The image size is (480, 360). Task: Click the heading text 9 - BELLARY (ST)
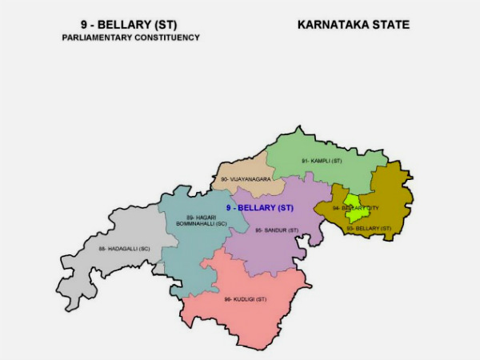pyautogui.click(x=130, y=25)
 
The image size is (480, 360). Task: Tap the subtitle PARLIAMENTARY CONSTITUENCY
pyautogui.click(x=130, y=38)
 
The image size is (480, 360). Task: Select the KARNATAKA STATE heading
pyautogui.click(x=353, y=25)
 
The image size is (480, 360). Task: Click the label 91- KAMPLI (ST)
pyautogui.click(x=322, y=161)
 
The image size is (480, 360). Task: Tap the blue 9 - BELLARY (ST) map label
pyautogui.click(x=260, y=208)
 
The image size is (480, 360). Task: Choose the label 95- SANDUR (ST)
pyautogui.click(x=277, y=230)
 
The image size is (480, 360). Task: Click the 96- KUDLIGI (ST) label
pyautogui.click(x=245, y=299)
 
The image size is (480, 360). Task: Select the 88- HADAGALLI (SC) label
pyautogui.click(x=124, y=249)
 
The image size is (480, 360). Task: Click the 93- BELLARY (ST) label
pyautogui.click(x=369, y=228)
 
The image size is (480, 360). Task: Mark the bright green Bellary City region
pyautogui.click(x=353, y=200)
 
